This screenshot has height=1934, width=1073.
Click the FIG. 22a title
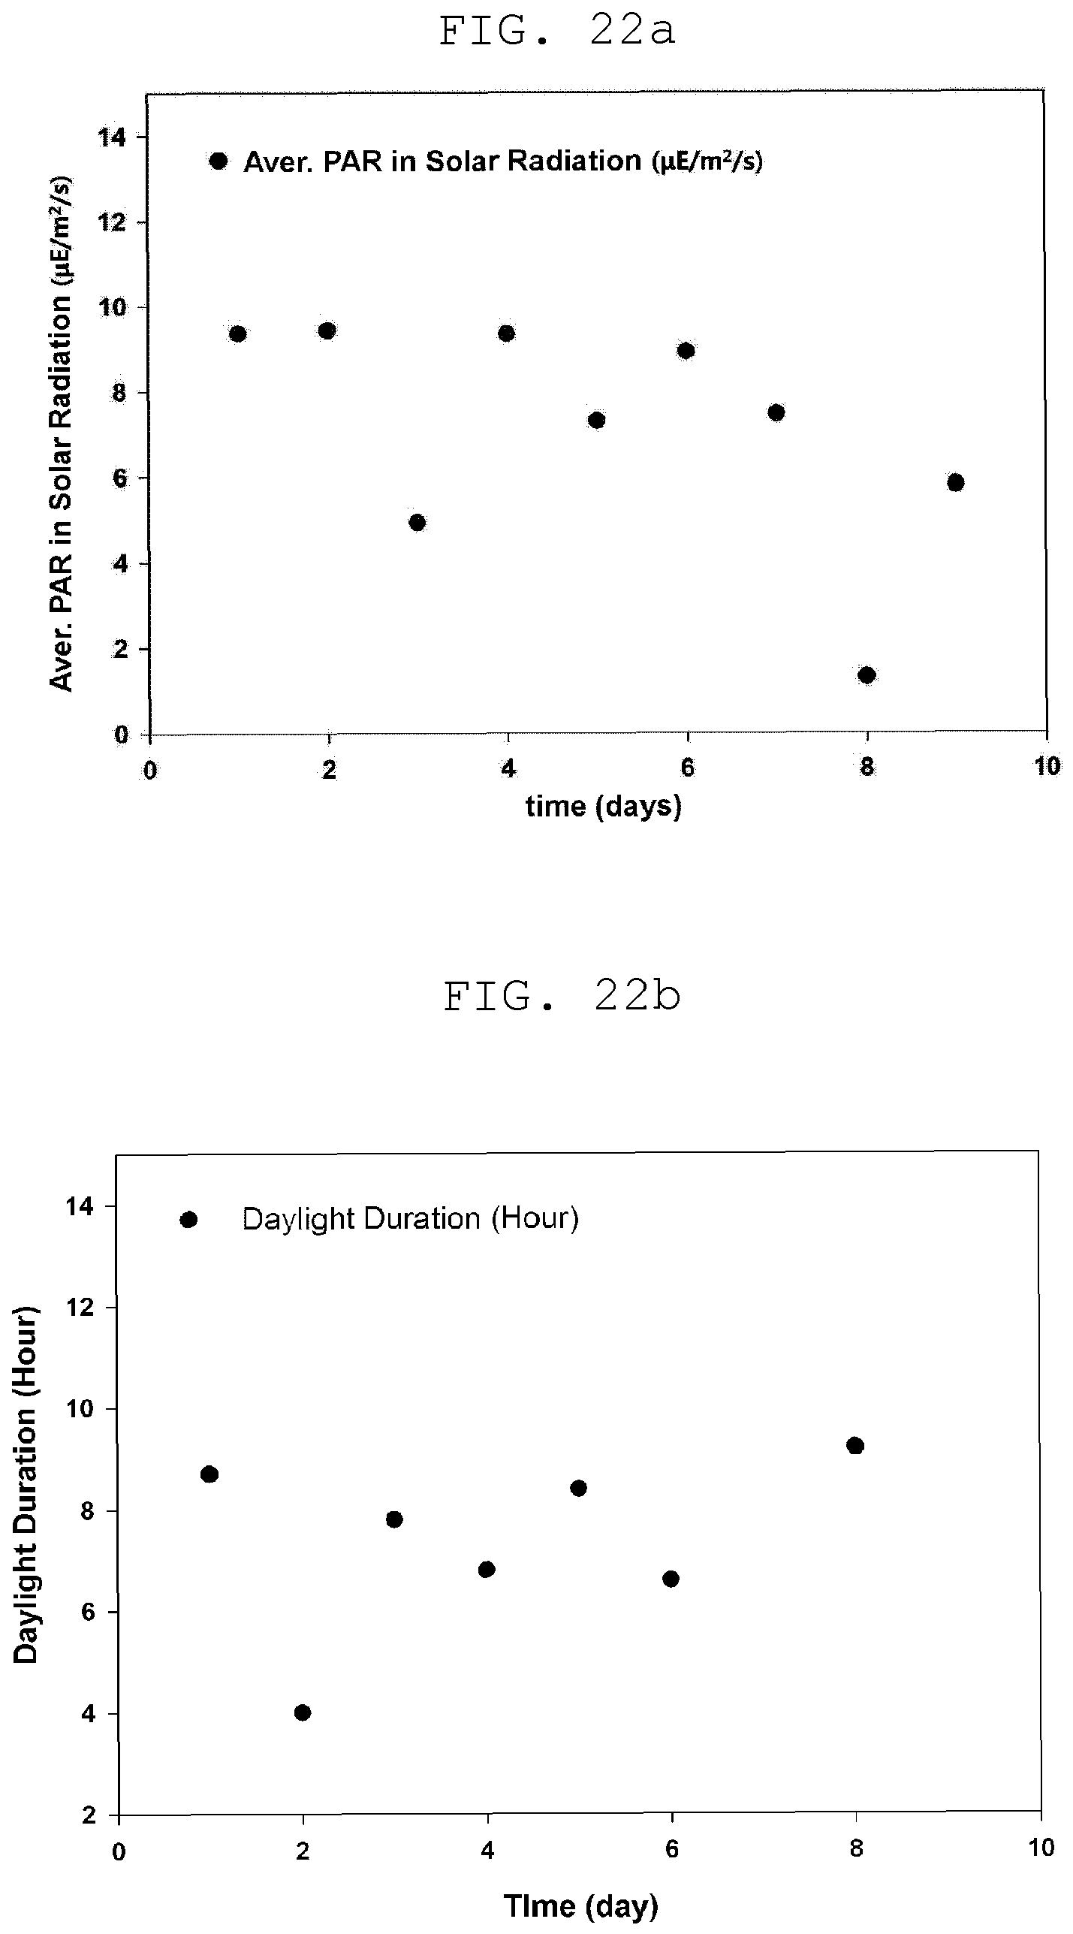[x=557, y=32]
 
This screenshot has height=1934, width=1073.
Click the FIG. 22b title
[x=562, y=998]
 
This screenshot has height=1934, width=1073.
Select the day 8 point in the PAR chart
[x=867, y=675]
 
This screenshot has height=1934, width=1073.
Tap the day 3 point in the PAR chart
[x=417, y=523]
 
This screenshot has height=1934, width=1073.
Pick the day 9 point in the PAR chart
[x=956, y=482]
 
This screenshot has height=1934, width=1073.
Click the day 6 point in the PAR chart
[x=686, y=351]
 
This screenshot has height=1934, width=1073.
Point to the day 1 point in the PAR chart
[x=238, y=334]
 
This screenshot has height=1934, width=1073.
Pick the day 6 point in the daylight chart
[x=671, y=1558]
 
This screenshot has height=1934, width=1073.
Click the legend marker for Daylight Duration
[x=188, y=1220]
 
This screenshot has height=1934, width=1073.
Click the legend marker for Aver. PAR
[x=219, y=161]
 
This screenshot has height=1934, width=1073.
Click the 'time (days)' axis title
[x=604, y=806]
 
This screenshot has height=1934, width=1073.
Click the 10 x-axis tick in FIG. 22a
[x=1047, y=766]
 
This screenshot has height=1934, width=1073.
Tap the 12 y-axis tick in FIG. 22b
[x=86, y=1308]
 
